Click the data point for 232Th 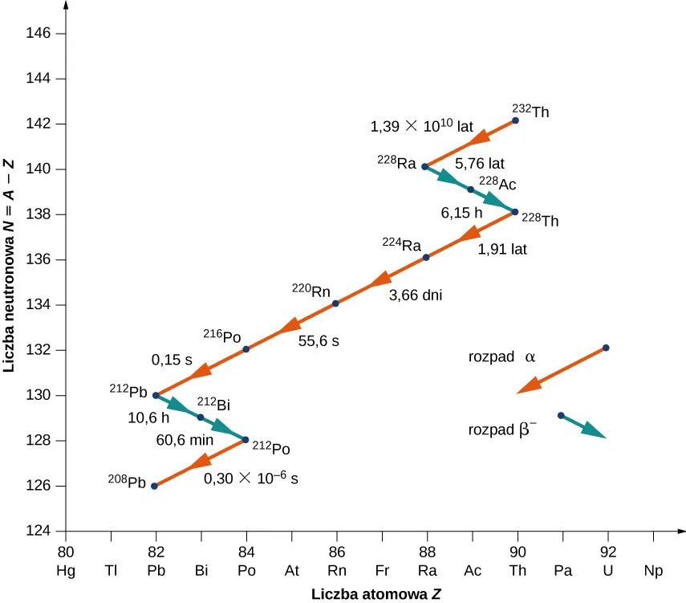(515, 120)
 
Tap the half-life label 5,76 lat (480, 164)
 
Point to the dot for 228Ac (470, 189)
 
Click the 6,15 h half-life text (461, 214)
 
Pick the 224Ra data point (426, 257)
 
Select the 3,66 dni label (416, 295)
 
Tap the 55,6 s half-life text (319, 340)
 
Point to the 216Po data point (246, 349)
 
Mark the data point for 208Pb (154, 486)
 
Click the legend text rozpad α (501, 357)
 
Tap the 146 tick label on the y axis (41, 34)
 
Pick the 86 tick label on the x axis (336, 552)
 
